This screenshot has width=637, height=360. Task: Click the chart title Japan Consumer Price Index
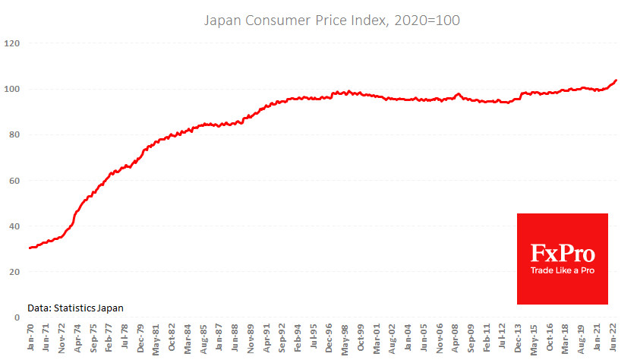click(332, 20)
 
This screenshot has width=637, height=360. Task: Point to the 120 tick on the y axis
click(11, 43)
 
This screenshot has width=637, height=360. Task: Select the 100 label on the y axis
click(11, 89)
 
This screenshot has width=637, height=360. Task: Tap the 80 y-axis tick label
click(14, 134)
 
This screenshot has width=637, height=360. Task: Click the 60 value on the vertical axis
click(14, 180)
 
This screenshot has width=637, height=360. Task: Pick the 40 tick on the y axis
click(14, 226)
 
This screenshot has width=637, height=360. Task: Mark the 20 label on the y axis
click(14, 271)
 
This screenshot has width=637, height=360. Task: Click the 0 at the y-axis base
click(16, 317)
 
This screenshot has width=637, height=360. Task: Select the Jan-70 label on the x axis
click(30, 339)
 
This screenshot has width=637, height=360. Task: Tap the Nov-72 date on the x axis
click(62, 339)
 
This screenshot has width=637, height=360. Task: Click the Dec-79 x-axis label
click(142, 339)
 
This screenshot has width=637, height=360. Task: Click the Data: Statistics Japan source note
click(75, 308)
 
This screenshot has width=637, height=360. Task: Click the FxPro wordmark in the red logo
click(563, 252)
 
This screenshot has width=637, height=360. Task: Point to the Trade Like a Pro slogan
click(563, 271)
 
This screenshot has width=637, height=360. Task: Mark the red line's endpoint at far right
click(616, 80)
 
